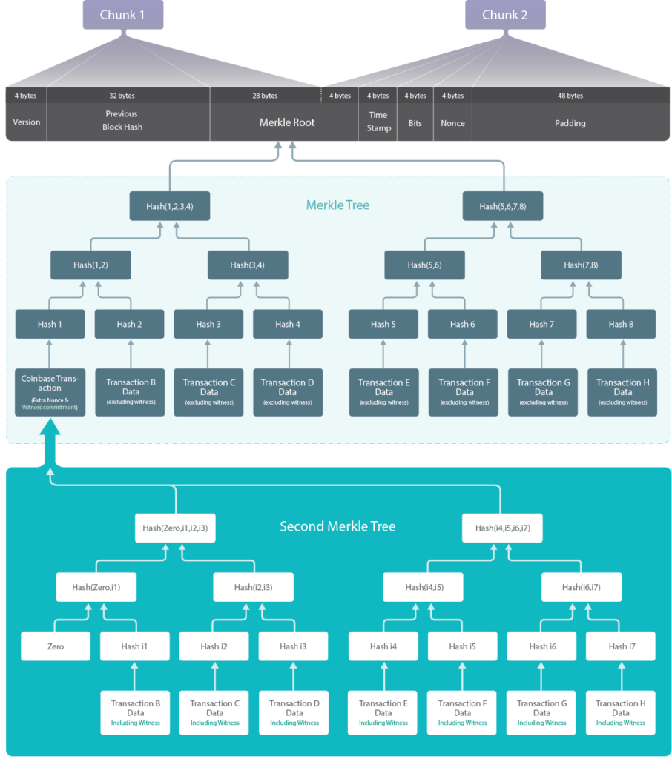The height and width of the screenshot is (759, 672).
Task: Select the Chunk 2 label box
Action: pos(505,15)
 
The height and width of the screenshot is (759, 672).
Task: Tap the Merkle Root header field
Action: pos(286,122)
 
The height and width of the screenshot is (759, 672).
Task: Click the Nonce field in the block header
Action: pos(452,123)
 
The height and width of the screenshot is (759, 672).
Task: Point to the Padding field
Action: pos(570,123)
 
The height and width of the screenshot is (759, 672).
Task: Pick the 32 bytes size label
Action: pos(122,96)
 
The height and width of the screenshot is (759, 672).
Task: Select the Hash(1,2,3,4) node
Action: pos(170,206)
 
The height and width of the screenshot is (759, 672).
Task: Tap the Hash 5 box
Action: pos(383,324)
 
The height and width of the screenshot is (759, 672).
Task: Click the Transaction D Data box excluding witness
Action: pos(288,392)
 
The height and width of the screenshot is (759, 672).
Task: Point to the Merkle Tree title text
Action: pos(337,205)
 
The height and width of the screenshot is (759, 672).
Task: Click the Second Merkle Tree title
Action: pos(337,526)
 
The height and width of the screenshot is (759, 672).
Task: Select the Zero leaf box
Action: pos(56,646)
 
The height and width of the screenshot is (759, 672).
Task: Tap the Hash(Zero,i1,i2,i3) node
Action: pos(176,528)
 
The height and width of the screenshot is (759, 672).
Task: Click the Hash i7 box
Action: pos(621,646)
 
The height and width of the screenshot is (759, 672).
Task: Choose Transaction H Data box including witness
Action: pos(621,712)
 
